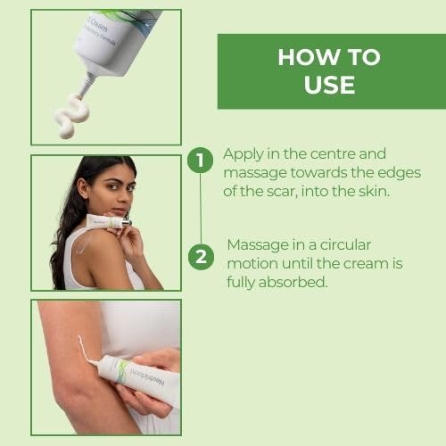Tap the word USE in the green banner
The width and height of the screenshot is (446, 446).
pyautogui.click(x=329, y=86)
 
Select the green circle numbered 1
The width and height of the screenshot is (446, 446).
pyautogui.click(x=201, y=161)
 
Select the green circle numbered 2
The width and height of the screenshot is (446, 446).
pyautogui.click(x=201, y=258)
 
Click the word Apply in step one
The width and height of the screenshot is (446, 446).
pyautogui.click(x=243, y=153)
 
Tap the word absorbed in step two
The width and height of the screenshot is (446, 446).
pyautogui.click(x=301, y=282)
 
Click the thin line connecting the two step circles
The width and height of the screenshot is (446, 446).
pyautogui.click(x=201, y=210)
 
